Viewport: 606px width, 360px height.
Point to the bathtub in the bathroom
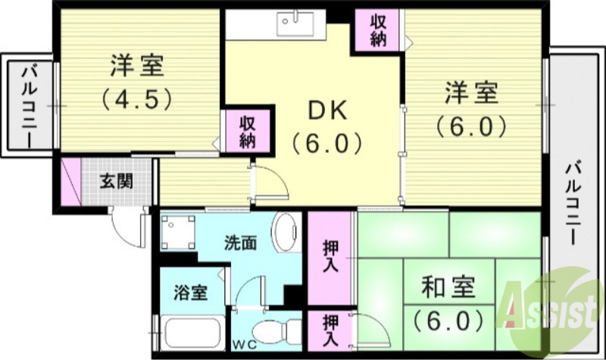coord(189,333)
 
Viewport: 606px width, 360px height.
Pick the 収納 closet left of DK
coord(247,131)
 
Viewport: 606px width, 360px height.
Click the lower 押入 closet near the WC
coord(330,330)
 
